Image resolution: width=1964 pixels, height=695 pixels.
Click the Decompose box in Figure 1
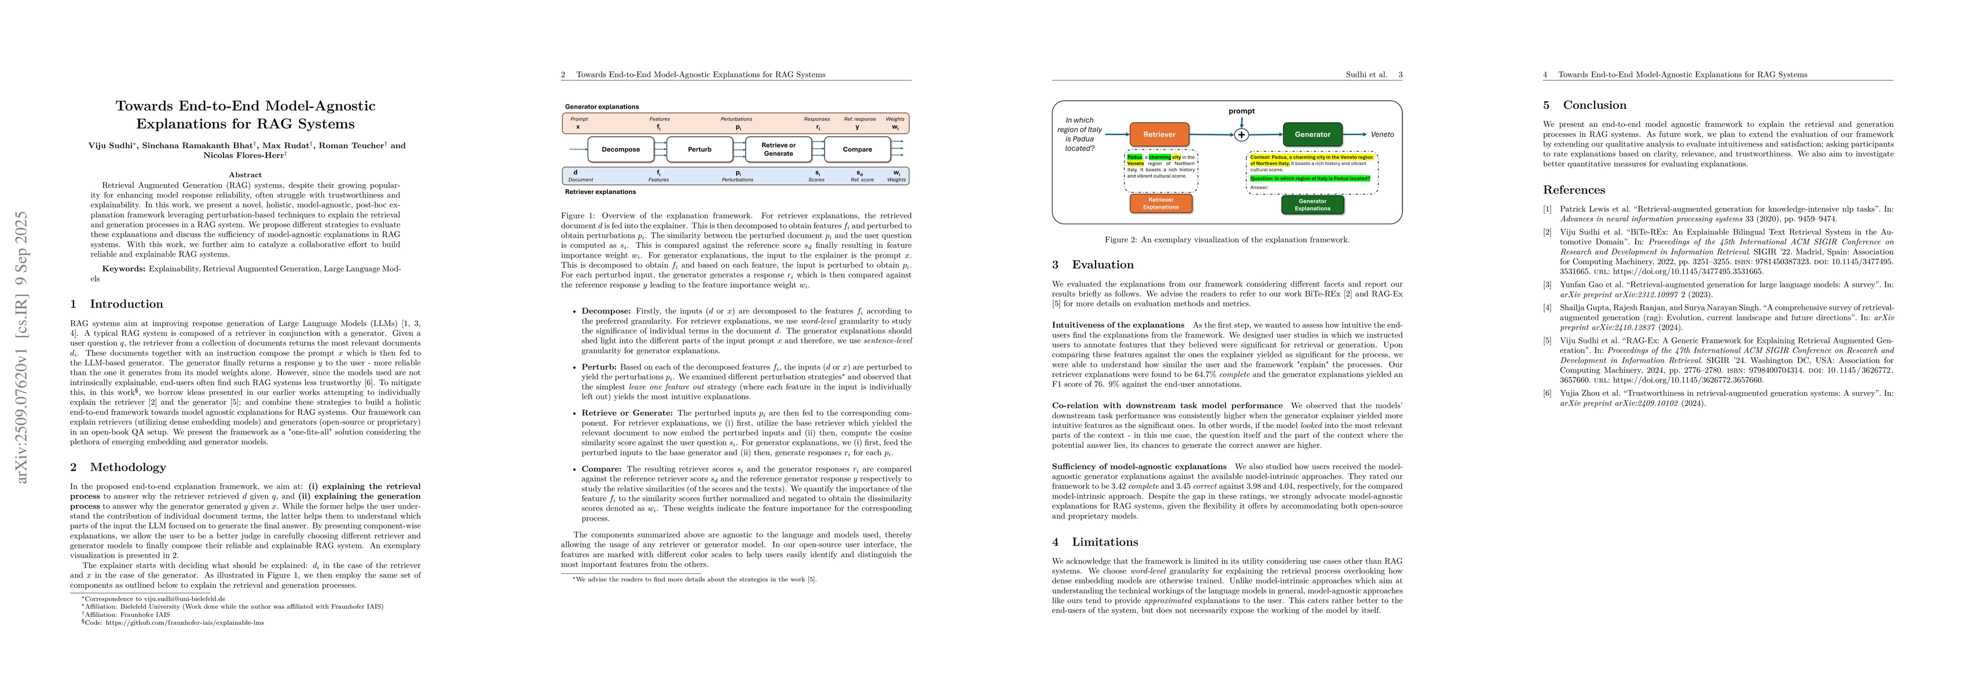(x=621, y=149)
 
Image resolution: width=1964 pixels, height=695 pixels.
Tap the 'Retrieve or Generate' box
(x=778, y=149)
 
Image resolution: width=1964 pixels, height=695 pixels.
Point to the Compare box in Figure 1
(x=857, y=149)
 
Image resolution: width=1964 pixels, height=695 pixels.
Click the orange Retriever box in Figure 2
(x=1159, y=134)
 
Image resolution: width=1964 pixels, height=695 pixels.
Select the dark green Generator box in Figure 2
(x=1312, y=134)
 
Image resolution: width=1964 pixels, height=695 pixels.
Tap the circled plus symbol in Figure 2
(x=1241, y=135)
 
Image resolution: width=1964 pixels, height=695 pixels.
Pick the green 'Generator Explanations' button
(x=1312, y=204)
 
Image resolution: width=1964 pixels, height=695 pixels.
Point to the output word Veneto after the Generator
(x=1382, y=134)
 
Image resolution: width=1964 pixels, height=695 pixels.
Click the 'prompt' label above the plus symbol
(x=1241, y=111)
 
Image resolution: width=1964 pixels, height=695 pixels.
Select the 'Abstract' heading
(x=245, y=175)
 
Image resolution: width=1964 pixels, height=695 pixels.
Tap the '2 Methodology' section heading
(x=118, y=467)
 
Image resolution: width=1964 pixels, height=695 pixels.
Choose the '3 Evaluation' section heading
(x=1093, y=265)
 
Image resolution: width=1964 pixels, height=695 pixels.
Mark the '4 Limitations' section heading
(x=1095, y=542)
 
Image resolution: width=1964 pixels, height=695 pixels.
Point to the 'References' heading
(x=1574, y=190)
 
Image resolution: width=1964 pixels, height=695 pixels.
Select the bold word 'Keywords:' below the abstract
(x=123, y=269)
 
